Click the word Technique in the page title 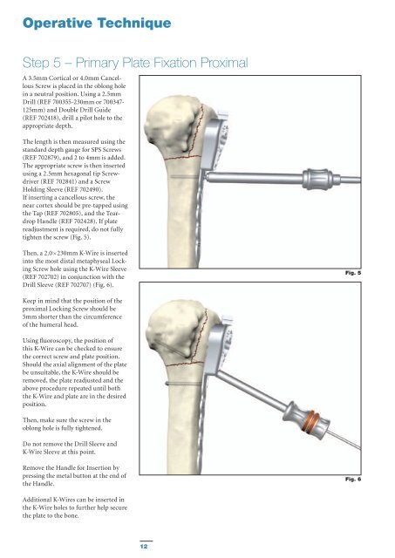(x=134, y=24)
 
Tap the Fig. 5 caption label (x=353, y=273)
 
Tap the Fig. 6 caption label (x=353, y=480)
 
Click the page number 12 (x=144, y=546)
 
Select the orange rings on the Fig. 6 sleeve (x=310, y=420)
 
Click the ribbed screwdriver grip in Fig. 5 (x=317, y=179)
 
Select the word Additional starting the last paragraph (x=37, y=500)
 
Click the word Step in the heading (x=36, y=64)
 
